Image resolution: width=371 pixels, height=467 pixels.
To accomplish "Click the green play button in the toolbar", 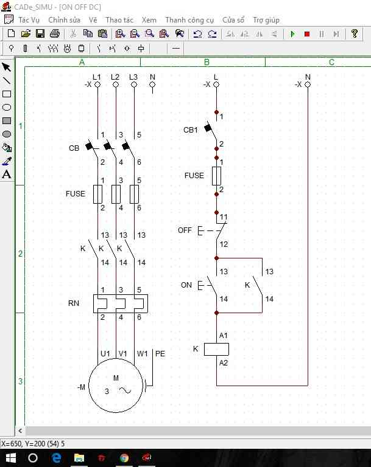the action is [292, 34].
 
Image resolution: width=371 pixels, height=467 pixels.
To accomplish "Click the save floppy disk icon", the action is [40, 33].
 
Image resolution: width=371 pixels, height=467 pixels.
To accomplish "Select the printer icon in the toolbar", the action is [55, 33].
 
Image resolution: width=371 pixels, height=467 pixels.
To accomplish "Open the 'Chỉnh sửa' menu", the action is [64, 20].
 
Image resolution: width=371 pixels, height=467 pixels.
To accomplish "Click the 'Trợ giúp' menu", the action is [266, 20].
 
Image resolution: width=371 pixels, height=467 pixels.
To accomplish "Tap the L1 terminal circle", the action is [97, 85].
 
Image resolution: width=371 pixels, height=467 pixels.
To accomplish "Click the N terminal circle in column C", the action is [308, 85].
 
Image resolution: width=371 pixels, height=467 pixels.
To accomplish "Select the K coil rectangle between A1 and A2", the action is [216, 350].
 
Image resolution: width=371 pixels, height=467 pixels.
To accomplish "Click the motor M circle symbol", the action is [116, 386].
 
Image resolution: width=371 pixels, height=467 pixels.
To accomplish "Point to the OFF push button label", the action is [185, 230].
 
